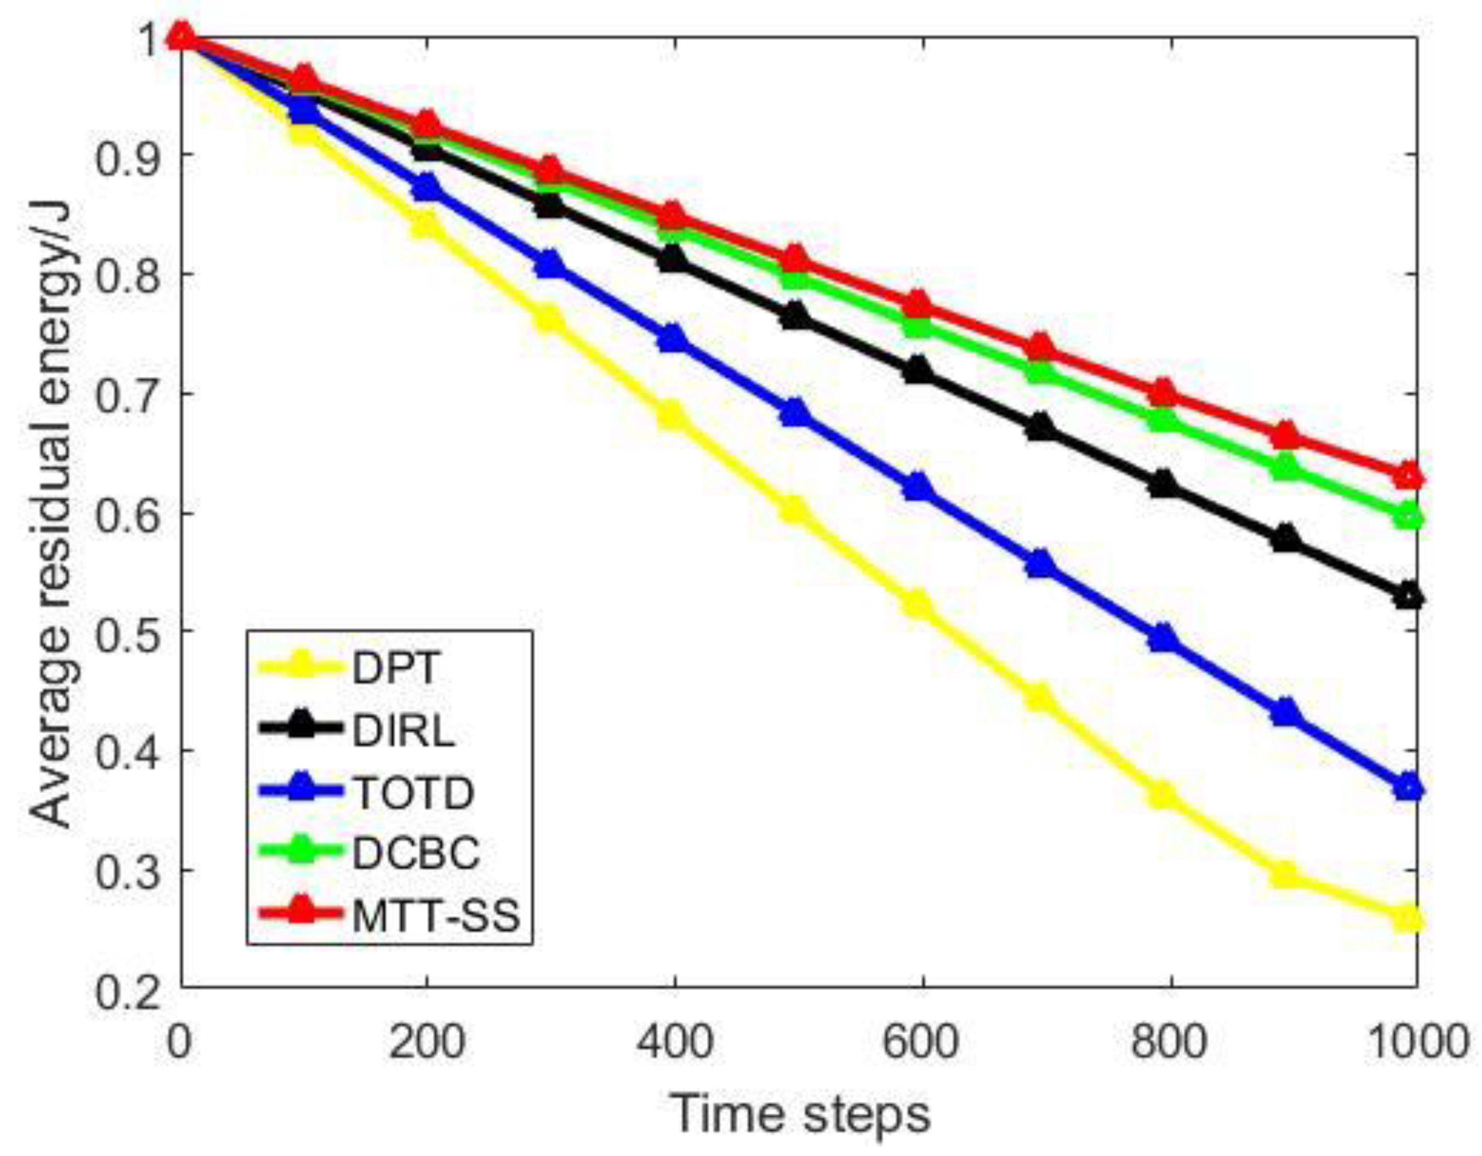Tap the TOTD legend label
(413, 792)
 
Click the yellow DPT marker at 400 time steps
(672, 415)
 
